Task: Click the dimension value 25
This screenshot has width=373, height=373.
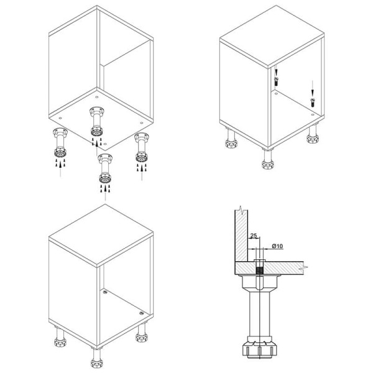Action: click(254, 236)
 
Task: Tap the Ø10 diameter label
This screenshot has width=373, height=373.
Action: click(277, 246)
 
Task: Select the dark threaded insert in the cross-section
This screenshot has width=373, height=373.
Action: click(259, 270)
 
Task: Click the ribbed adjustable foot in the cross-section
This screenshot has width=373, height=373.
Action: click(260, 349)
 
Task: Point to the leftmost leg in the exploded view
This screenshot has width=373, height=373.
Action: click(60, 142)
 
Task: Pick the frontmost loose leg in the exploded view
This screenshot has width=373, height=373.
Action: click(105, 168)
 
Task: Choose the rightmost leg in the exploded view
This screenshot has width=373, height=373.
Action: click(142, 147)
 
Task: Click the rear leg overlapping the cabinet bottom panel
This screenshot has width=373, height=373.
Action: click(96, 121)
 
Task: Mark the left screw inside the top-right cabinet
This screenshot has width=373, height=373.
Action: click(276, 81)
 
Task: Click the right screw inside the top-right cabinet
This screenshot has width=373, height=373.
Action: click(313, 103)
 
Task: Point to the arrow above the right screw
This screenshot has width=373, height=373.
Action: click(313, 89)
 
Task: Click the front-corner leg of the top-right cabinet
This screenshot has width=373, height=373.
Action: click(268, 158)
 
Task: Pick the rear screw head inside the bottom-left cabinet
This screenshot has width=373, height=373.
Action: click(104, 292)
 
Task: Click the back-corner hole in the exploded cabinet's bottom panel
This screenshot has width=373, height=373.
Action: click(96, 97)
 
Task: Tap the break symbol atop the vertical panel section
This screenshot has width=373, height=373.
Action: click(241, 210)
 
